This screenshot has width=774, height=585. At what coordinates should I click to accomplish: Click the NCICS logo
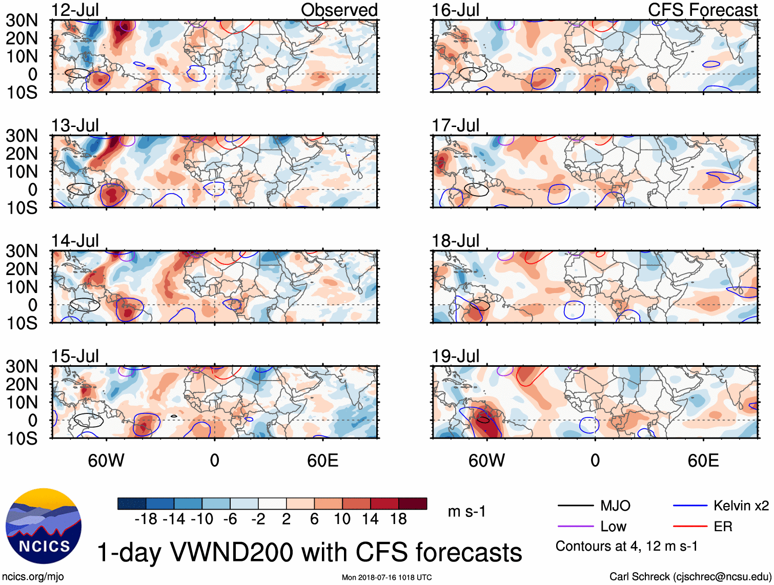(x=44, y=526)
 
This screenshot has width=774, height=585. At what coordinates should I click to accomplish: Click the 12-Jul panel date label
(x=75, y=10)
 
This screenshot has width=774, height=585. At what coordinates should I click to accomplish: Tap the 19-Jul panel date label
(x=455, y=356)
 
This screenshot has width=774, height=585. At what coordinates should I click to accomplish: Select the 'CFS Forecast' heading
(x=702, y=10)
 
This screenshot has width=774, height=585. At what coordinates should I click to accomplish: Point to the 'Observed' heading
(x=339, y=10)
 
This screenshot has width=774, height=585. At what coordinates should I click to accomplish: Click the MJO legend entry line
(x=575, y=506)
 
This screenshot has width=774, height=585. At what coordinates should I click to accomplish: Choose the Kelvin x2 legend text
(x=741, y=506)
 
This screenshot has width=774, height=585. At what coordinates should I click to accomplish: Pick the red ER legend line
(x=689, y=526)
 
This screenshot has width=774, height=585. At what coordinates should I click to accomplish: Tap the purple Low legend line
(x=575, y=526)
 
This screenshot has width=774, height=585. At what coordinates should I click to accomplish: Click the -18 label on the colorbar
(x=146, y=519)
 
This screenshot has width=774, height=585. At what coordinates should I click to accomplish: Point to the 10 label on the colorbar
(x=342, y=519)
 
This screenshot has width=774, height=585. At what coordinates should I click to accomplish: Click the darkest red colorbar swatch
(x=413, y=504)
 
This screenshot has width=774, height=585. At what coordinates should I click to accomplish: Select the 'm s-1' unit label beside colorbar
(x=466, y=511)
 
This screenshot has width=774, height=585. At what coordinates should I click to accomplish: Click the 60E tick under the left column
(x=323, y=461)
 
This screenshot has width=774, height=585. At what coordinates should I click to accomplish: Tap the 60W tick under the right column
(x=486, y=461)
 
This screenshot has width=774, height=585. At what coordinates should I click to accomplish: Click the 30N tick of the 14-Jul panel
(x=22, y=251)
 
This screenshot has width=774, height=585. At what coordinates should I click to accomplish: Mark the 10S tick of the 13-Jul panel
(x=22, y=207)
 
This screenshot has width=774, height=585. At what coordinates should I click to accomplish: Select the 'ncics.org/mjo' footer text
(x=33, y=577)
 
